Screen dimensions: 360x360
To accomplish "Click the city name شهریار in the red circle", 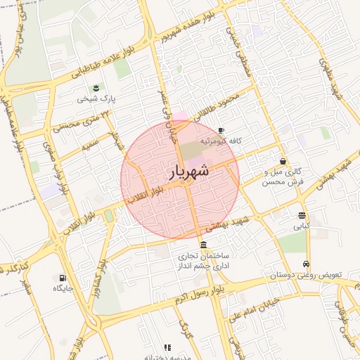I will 189,172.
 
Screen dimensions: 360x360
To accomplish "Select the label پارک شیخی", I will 96,99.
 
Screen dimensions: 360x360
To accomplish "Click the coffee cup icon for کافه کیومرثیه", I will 221,131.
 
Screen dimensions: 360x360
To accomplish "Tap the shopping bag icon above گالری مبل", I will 283,161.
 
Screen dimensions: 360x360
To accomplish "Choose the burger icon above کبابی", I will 302,215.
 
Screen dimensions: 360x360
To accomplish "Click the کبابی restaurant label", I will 301,226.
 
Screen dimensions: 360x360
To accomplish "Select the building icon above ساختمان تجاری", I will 203,245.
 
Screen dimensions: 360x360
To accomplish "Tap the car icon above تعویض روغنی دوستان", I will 306,264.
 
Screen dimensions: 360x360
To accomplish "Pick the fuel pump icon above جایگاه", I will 63,278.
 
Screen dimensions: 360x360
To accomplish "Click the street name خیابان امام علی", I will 259,307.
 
